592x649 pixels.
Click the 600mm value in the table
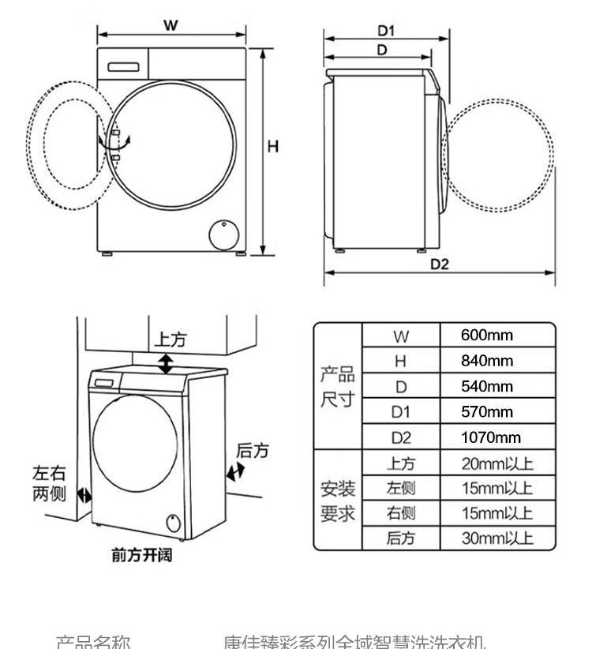pos(486,336)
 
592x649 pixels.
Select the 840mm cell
pos(486,361)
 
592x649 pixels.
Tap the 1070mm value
pos(491,437)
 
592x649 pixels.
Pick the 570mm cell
pos(486,412)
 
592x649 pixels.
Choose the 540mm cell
pos(486,386)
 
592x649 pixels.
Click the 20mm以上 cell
pos(496,463)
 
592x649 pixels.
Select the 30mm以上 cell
pos(496,539)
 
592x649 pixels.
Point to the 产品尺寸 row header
pos(337,386)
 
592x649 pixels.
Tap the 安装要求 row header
pos(337,501)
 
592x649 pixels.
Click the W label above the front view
pos(170,24)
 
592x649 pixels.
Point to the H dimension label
pos(272,146)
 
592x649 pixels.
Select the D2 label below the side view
pos(439,264)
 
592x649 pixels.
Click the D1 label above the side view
pos(385,31)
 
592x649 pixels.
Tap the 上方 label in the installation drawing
pos(170,340)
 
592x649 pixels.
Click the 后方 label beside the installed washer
pos(253,451)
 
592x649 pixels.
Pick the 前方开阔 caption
pos(141,555)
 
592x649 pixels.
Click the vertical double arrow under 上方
pos(166,363)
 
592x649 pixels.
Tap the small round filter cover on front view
pos(223,234)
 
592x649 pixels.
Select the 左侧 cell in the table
pos(400,489)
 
